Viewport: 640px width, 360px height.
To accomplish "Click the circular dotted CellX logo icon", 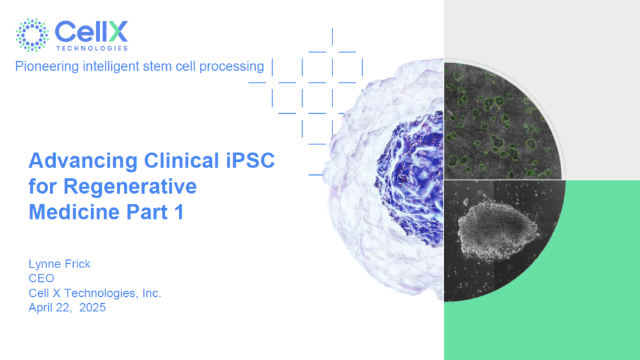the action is point(32,35).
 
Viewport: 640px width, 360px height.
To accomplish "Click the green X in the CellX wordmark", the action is point(118,31).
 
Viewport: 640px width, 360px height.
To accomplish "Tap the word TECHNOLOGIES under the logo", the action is point(92,48).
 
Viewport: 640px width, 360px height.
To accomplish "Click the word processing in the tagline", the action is point(231,66).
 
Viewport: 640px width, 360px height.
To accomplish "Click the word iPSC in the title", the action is point(250,161).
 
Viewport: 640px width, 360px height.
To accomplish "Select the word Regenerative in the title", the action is point(130,186).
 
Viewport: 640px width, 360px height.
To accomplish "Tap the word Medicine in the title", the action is point(74,212).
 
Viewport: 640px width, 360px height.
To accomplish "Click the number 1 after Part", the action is point(179,212).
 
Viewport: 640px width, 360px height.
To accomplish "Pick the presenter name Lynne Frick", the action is point(59,264).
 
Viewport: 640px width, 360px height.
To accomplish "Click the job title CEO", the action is point(41,278).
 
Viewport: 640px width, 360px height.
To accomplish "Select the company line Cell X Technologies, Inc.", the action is point(95,293).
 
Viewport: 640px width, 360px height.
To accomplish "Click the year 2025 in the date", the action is point(92,307).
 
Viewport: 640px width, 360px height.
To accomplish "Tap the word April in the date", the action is point(41,307).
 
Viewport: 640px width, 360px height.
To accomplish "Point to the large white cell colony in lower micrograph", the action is point(498,231).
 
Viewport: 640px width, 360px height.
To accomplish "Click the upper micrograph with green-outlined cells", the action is point(502,121).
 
